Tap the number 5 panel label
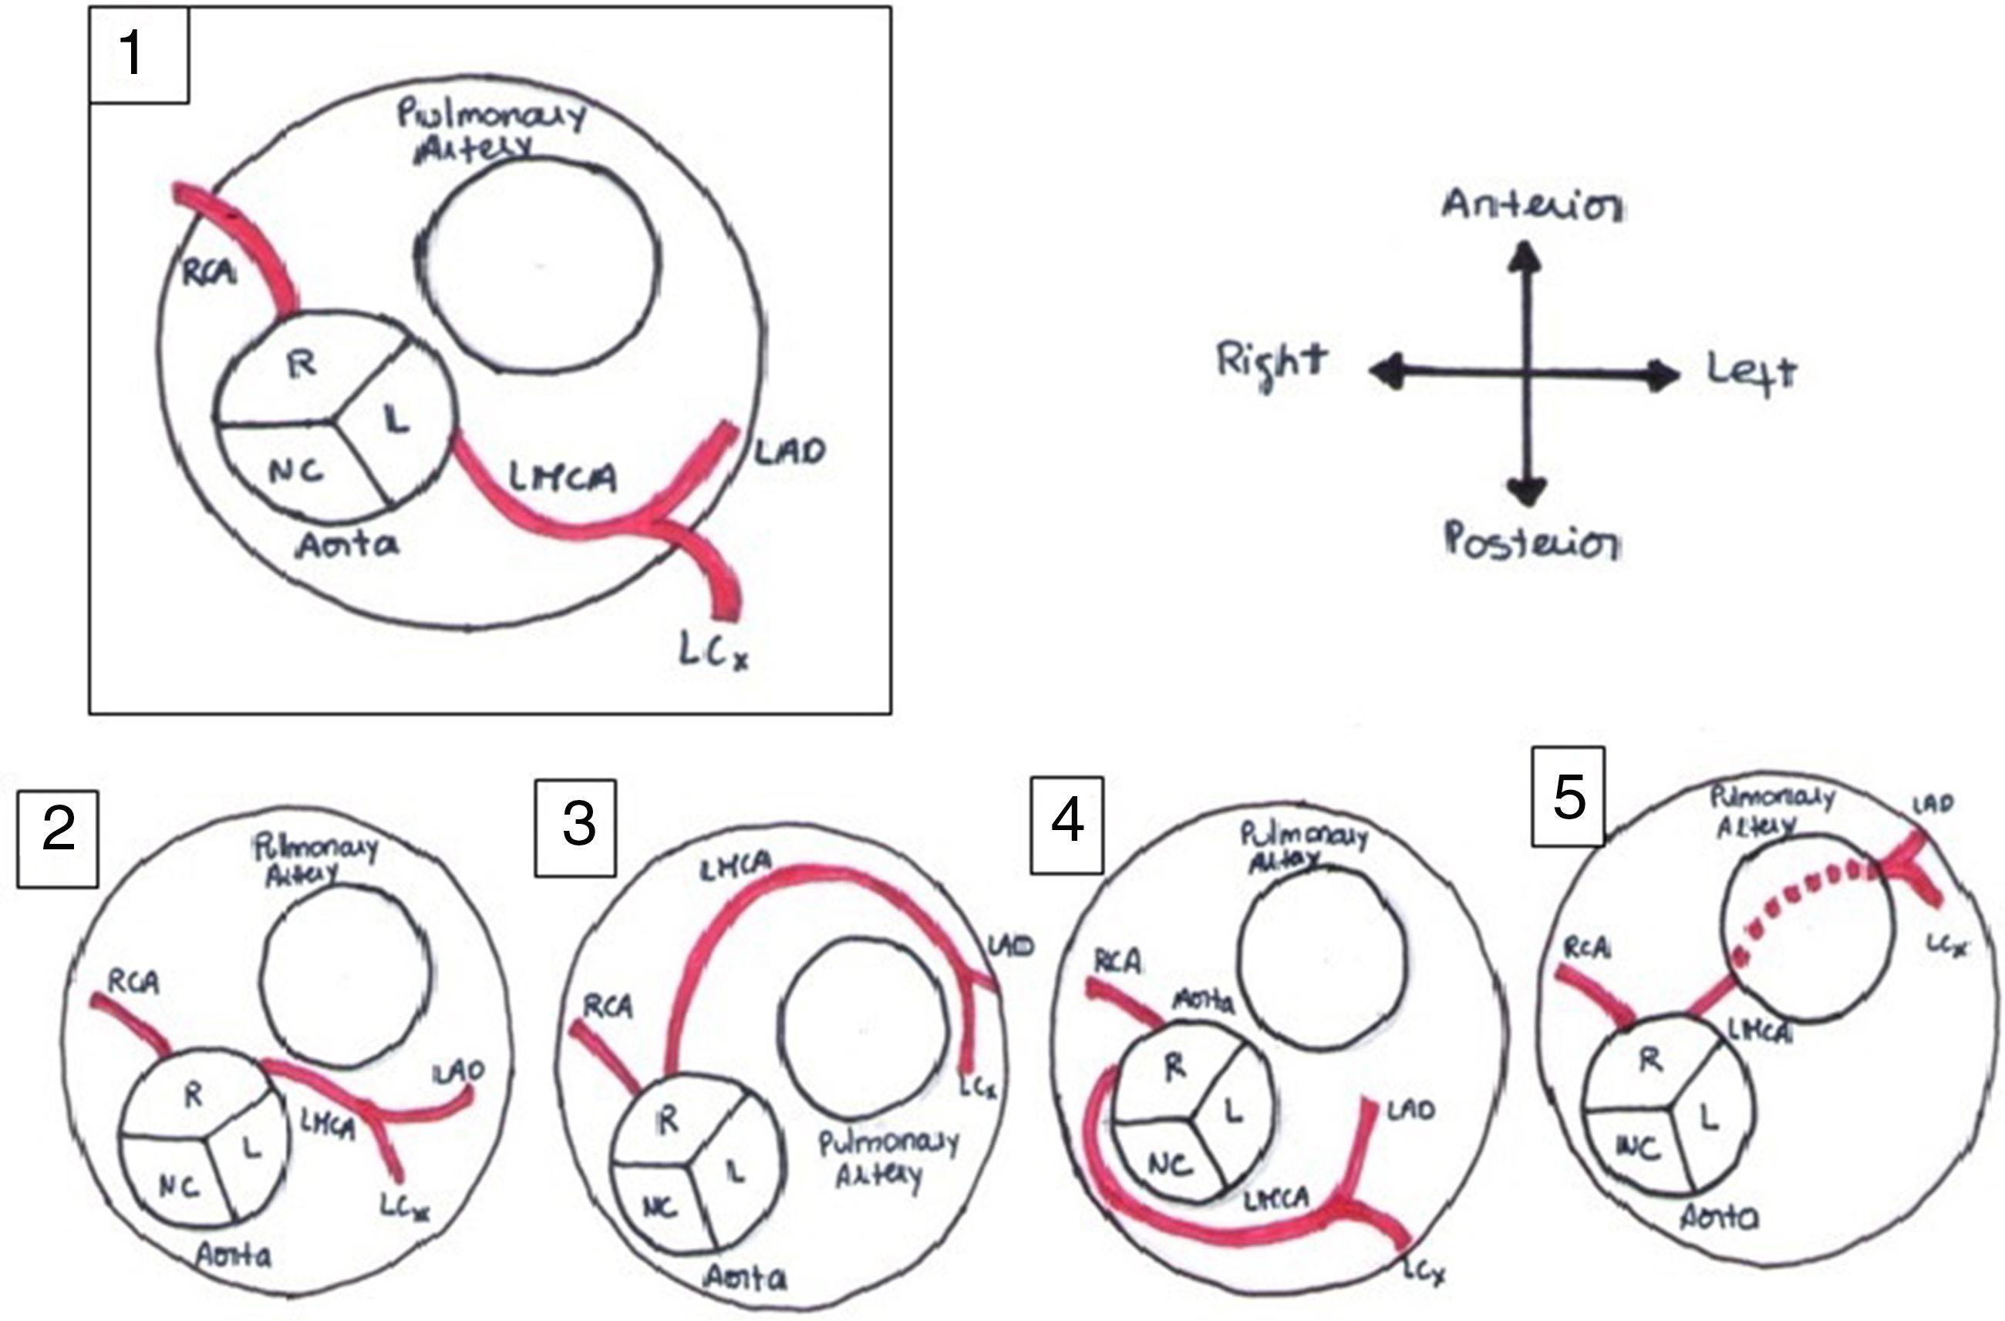[1568, 796]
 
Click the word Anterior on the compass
[1532, 206]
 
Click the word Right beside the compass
[1271, 363]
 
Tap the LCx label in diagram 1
[714, 652]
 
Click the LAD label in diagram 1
[788, 452]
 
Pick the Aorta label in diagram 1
[348, 546]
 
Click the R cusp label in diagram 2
[194, 1095]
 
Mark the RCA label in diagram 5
[1587, 949]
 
